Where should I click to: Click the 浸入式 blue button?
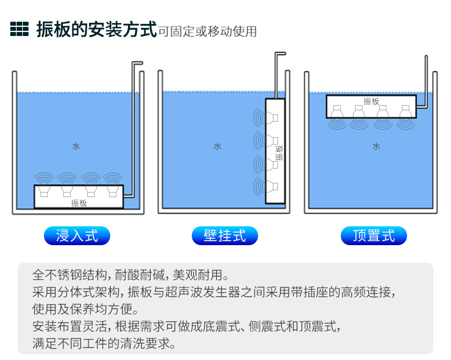pos(77,235)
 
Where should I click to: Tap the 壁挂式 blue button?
pos(224,235)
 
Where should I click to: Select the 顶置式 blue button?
pos(373,235)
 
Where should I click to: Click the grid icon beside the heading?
pos(19,29)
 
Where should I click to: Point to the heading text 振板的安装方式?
pos(96,29)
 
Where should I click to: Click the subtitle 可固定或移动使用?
pos(207,31)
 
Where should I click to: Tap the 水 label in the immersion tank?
pos(76,146)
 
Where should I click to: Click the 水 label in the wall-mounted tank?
pos(218,146)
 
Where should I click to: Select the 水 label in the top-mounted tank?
pos(376,146)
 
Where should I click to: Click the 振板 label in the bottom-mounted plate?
pos(79,203)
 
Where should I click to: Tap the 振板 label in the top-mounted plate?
pos(371,101)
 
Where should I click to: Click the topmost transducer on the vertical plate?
pos(272,118)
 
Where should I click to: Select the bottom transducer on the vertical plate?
pos(272,186)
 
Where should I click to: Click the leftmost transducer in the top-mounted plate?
pos(337,111)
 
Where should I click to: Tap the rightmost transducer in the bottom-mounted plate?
pos(113,191)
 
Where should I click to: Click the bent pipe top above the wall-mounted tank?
pos(280,54)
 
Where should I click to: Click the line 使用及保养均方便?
pos(86,309)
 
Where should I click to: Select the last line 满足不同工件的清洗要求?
pos(104,343)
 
